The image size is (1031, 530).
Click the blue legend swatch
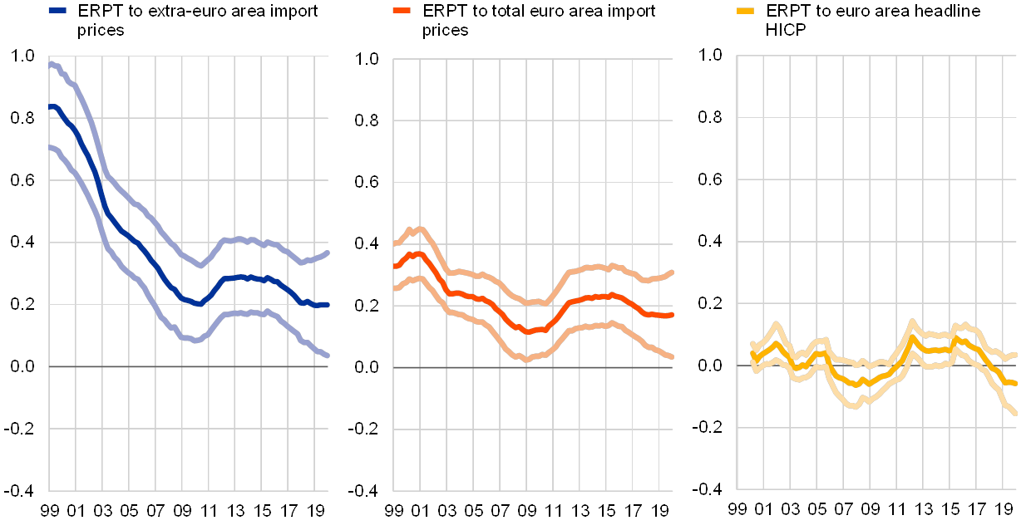coord(57,11)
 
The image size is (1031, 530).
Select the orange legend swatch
coord(402,11)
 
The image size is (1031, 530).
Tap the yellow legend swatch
coord(746,11)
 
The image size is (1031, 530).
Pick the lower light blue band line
coord(133,277)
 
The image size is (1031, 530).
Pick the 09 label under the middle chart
coord(526,508)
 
